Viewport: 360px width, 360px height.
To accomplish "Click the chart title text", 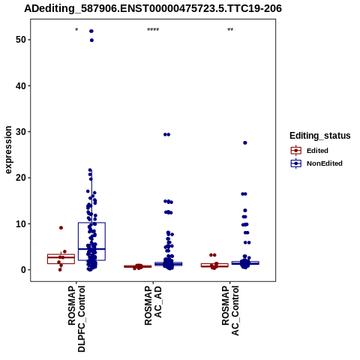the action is pos(153,8).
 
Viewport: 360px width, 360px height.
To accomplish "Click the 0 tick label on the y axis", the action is pos(23,270).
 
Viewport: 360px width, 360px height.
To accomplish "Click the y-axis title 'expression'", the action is pos(8,150).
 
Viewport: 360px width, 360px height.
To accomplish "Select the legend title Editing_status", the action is pos(320,136).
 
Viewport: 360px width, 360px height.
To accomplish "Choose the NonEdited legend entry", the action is pos(316,163).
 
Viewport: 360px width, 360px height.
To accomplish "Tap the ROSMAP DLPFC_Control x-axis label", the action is pos(76,319).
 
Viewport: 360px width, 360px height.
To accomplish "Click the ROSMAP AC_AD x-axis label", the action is pos(153,306).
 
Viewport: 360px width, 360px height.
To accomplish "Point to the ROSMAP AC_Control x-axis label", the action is pos(230,310).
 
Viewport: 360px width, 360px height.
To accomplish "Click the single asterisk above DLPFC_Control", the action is pos(76,30).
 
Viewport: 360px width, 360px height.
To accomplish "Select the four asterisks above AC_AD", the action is pos(153,30).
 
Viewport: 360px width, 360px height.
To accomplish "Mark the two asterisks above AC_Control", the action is pos(230,30).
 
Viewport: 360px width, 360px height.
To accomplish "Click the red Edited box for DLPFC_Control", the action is pos(61,259).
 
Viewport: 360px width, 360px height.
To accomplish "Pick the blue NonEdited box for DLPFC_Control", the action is pos(91,241).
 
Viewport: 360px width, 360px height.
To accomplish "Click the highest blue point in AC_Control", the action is pos(245,142).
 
